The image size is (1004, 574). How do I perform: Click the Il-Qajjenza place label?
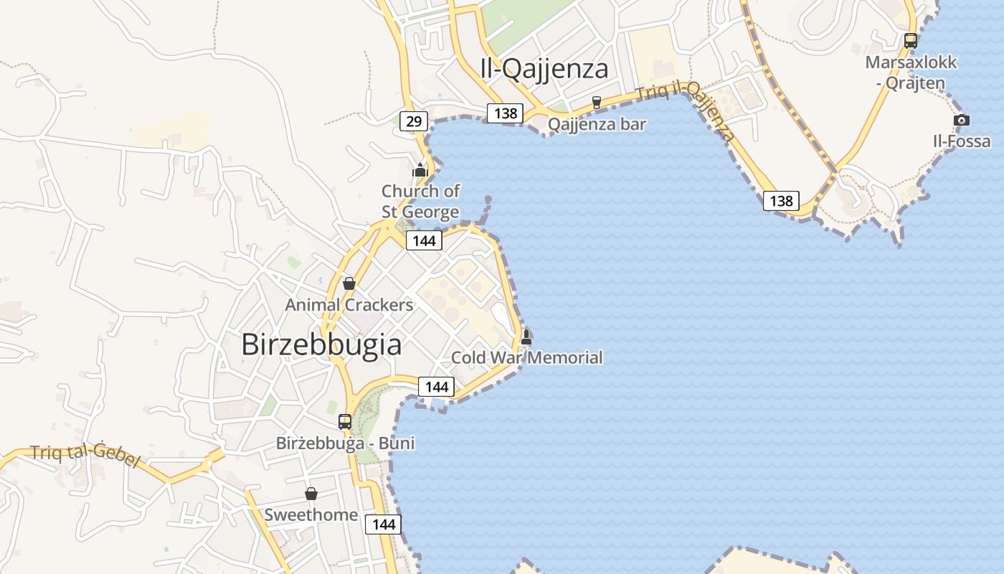tap(544, 69)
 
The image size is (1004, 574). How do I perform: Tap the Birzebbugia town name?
tap(321, 344)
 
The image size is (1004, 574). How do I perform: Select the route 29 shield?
tap(414, 121)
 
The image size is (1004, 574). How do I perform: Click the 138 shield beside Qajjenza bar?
tap(506, 113)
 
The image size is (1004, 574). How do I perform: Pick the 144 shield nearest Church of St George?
tap(424, 240)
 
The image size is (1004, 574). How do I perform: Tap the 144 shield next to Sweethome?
tap(384, 524)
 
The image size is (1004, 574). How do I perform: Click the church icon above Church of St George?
tap(420, 170)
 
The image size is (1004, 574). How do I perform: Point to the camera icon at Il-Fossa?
tap(962, 120)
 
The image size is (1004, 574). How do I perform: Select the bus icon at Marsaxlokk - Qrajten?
tap(911, 41)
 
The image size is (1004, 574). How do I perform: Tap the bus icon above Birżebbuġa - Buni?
tap(345, 422)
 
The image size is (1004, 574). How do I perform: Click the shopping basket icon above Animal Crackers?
tap(349, 283)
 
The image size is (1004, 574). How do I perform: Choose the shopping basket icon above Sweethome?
tap(311, 494)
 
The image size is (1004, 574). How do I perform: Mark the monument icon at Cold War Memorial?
tap(526, 337)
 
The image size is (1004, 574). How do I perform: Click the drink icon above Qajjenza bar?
tap(596, 103)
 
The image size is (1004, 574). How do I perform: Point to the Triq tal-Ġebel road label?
tap(84, 456)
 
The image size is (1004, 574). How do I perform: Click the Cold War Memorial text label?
tap(527, 357)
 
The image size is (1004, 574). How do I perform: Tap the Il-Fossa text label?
tap(962, 141)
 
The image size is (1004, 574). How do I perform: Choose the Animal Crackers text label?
tap(349, 305)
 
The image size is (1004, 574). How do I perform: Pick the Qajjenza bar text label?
tap(597, 125)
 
